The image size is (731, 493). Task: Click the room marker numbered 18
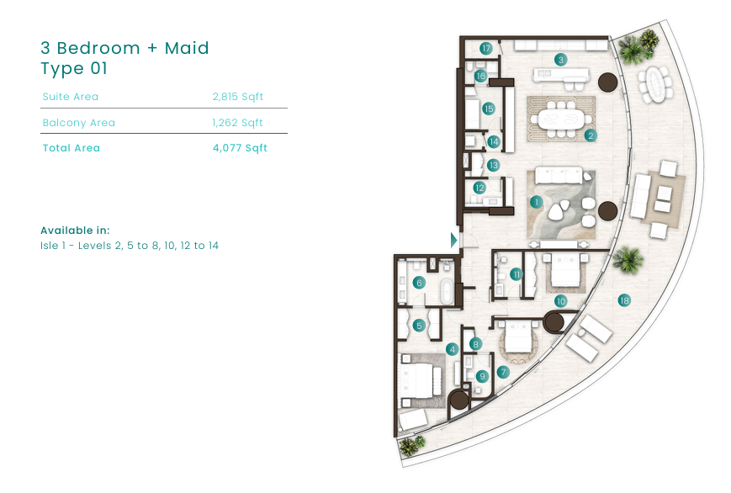click(x=624, y=300)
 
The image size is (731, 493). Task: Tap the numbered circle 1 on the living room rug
click(x=536, y=202)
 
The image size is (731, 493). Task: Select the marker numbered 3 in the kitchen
click(x=560, y=60)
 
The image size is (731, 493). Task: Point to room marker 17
click(x=485, y=48)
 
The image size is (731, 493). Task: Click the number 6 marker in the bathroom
click(x=419, y=283)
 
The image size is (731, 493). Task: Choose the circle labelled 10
click(x=560, y=301)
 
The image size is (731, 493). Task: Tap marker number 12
click(x=479, y=188)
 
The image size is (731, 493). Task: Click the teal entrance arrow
click(x=453, y=241)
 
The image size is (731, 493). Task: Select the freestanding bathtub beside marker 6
click(x=446, y=292)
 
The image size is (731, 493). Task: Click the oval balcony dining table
click(x=655, y=84)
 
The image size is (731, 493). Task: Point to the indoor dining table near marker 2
click(x=561, y=119)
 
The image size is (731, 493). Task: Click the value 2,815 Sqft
click(x=238, y=97)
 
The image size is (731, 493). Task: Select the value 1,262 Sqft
click(x=237, y=123)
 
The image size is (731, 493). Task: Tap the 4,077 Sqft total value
click(x=240, y=148)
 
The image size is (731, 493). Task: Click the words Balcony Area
click(x=79, y=123)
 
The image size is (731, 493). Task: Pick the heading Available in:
click(x=75, y=231)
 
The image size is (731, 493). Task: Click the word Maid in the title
click(x=187, y=48)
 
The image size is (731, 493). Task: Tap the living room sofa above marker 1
click(x=559, y=175)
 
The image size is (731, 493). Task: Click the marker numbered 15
click(x=488, y=109)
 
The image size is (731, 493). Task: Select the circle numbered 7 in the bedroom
click(x=502, y=372)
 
